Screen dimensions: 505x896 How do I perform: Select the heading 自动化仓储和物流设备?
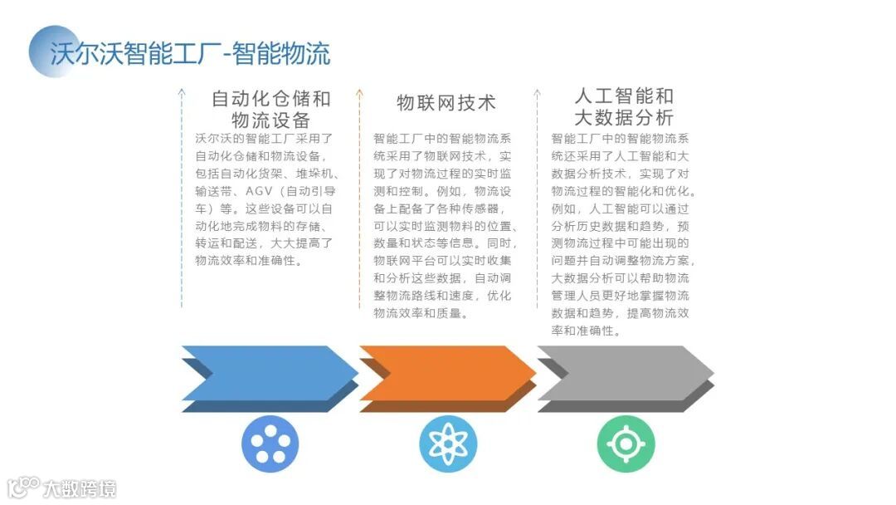click(x=270, y=109)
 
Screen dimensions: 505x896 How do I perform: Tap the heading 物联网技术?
click(x=446, y=102)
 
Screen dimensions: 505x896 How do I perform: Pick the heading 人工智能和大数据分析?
click(x=624, y=106)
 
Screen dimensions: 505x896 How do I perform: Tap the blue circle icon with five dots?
click(x=270, y=444)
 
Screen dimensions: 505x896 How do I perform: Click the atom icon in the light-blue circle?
click(x=448, y=444)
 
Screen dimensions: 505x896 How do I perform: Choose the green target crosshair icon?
click(x=626, y=444)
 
